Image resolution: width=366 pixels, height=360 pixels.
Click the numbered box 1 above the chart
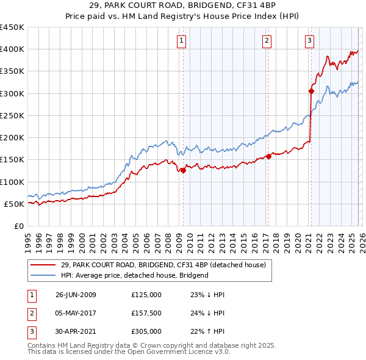pos(182,41)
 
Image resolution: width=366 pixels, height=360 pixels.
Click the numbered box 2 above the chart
pos(267,41)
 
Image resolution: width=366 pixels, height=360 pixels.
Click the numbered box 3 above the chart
pos(310,41)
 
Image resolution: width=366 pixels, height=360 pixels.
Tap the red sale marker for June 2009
pos(183,171)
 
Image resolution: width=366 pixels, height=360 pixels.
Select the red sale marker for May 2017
pos(268,157)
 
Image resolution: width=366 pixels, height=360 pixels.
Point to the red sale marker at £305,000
pos(311,92)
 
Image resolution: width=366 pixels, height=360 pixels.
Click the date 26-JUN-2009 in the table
pos(76,295)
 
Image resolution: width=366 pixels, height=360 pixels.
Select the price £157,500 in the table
pos(146,313)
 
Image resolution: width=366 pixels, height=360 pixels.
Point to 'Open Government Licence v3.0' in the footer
pos(182,352)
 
